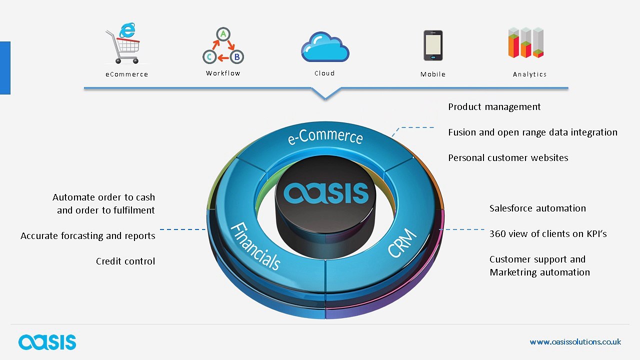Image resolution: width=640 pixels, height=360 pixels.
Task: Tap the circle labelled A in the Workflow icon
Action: (x=223, y=34)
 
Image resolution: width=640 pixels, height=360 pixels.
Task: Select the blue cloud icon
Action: (x=325, y=47)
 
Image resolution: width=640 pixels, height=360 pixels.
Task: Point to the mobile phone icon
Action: (x=433, y=45)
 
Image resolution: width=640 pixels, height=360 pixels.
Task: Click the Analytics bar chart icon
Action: (x=526, y=42)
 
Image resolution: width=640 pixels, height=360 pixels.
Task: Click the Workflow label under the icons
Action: (x=223, y=73)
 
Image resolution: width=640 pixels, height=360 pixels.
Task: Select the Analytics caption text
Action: (x=529, y=74)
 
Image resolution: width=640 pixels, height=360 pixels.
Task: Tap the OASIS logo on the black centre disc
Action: (x=325, y=193)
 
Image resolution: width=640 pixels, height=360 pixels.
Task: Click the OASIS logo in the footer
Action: (x=47, y=342)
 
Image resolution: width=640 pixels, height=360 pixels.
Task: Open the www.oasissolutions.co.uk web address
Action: (x=575, y=341)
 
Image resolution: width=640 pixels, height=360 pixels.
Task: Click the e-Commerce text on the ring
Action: (x=325, y=136)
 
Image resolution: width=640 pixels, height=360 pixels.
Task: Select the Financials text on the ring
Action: (x=255, y=246)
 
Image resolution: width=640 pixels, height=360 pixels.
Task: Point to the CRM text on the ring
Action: (x=402, y=242)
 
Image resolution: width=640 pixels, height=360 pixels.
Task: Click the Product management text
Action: (x=494, y=107)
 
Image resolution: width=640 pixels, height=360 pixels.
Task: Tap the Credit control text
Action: (x=125, y=261)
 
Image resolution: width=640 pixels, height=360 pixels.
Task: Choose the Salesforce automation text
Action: (x=537, y=208)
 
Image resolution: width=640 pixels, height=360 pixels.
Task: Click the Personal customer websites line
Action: (x=508, y=157)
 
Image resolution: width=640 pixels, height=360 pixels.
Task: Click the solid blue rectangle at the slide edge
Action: (x=5, y=68)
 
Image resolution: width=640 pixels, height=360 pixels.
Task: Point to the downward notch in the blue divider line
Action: (x=325, y=98)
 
